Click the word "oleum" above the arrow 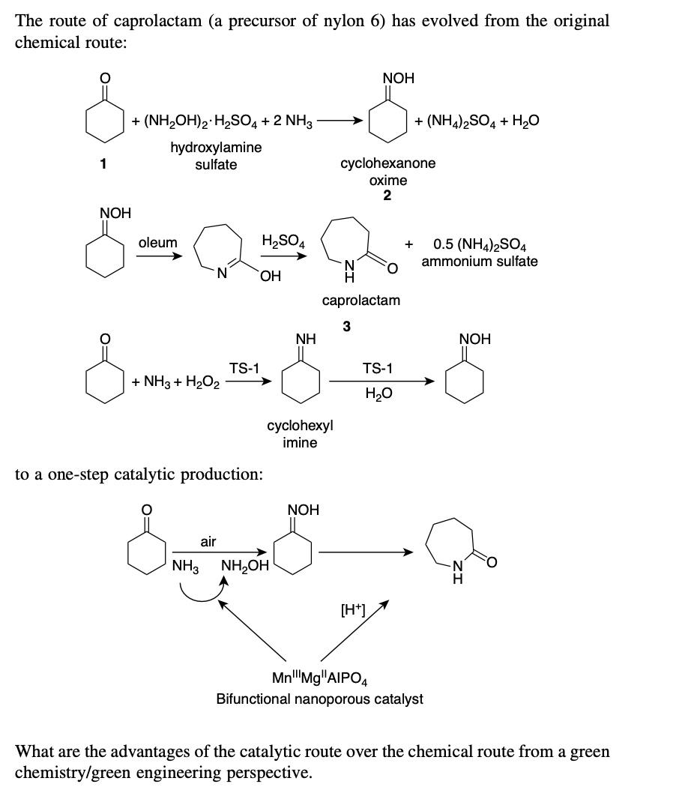[x=157, y=243]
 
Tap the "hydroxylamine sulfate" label [x=216, y=156]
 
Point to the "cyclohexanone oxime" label [x=387, y=172]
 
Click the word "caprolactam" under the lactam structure [x=360, y=301]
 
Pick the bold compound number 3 [x=346, y=326]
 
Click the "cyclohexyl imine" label [x=300, y=434]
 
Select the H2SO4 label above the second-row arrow [x=283, y=241]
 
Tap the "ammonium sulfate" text [x=479, y=262]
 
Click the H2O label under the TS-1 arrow [x=378, y=394]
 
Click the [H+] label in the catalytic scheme [x=352, y=609]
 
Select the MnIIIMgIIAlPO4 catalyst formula [x=319, y=679]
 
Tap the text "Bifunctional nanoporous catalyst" [x=319, y=699]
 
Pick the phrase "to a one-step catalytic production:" [x=139, y=474]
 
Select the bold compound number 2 [x=387, y=196]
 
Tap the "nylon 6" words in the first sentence [x=368, y=21]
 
